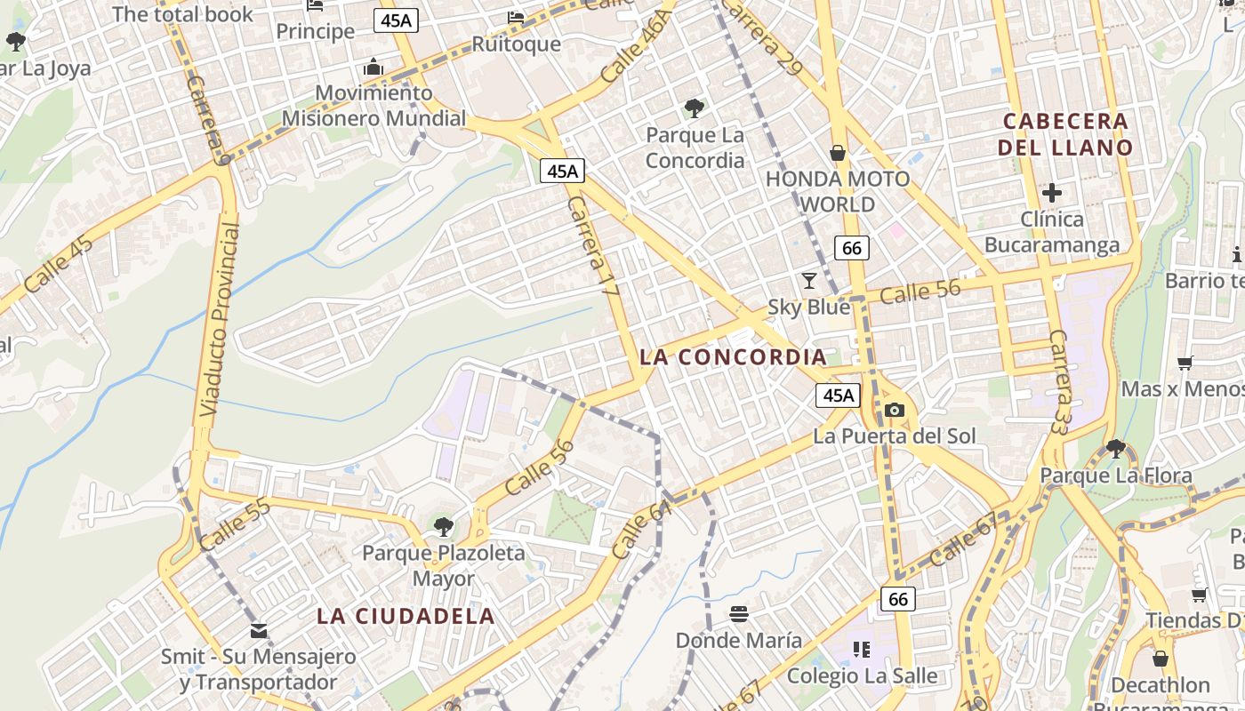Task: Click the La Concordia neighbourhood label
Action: click(x=733, y=357)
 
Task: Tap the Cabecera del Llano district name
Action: click(x=1065, y=134)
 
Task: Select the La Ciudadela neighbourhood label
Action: click(x=406, y=616)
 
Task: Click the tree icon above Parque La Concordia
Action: click(x=695, y=109)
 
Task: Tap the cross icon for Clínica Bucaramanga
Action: click(x=1052, y=192)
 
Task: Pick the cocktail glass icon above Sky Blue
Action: click(x=808, y=281)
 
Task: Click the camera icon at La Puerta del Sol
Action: click(x=895, y=410)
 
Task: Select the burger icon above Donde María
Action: click(x=739, y=614)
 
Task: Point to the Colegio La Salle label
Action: click(x=862, y=675)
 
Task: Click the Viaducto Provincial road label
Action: click(x=219, y=320)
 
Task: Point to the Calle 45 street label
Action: click(x=59, y=264)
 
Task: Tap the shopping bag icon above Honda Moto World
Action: click(x=837, y=153)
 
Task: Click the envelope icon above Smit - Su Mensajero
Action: click(x=259, y=631)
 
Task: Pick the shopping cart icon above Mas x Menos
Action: click(x=1185, y=363)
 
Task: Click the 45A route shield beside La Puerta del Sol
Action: click(x=838, y=395)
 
